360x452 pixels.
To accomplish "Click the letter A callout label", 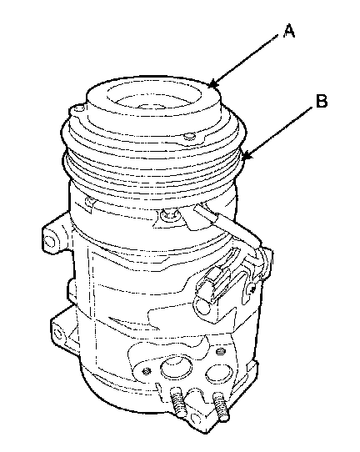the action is coord(289,31).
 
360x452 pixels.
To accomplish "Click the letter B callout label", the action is coord(322,101).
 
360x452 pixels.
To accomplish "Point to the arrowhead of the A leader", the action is coord(212,84).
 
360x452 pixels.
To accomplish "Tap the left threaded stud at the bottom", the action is coord(178,401).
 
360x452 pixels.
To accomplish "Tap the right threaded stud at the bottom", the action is coord(221,405).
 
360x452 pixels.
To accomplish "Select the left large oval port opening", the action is coord(176,367).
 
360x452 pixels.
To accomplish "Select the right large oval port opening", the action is coord(219,374).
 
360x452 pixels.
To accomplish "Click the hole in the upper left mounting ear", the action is coord(49,240).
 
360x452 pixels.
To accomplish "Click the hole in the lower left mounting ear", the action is coord(57,334).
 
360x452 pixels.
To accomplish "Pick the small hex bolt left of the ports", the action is coord(147,372).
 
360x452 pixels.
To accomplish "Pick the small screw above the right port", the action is coord(220,351).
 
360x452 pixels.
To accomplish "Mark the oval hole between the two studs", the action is coord(196,418).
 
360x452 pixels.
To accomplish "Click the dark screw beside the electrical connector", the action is coord(252,289).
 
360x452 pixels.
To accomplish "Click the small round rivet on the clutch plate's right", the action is coord(188,136).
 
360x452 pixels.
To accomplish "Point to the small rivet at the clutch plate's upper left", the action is coord(77,108).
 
